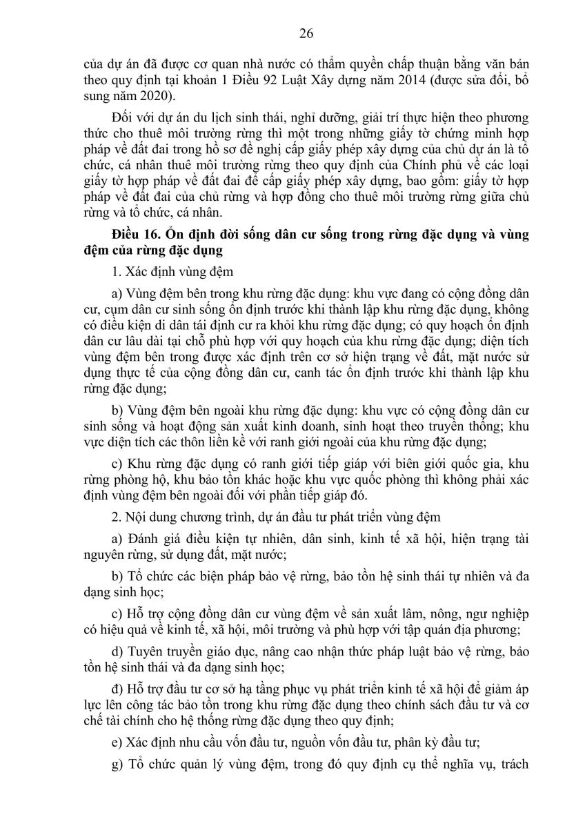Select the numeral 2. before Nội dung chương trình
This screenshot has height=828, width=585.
115,513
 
